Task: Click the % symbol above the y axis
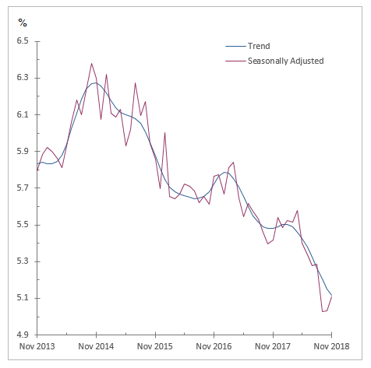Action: pyautogui.click(x=23, y=22)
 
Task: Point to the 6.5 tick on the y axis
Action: pyautogui.click(x=22, y=41)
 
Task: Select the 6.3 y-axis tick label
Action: pyautogui.click(x=22, y=78)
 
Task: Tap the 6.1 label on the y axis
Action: pyautogui.click(x=22, y=114)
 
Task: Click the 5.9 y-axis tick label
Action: pyautogui.click(x=22, y=151)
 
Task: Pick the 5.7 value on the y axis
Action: pyautogui.click(x=22, y=188)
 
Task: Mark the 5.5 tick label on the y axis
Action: pyautogui.click(x=22, y=225)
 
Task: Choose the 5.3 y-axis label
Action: pyautogui.click(x=22, y=261)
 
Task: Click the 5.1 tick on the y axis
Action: pyautogui.click(x=22, y=298)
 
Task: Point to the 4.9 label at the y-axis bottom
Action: pyautogui.click(x=22, y=335)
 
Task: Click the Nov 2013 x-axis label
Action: pyautogui.click(x=37, y=347)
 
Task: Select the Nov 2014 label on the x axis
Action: pyautogui.click(x=96, y=347)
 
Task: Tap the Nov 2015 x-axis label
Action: pyautogui.click(x=155, y=347)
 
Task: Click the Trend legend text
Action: pyautogui.click(x=259, y=47)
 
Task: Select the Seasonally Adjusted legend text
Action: pyautogui.click(x=285, y=61)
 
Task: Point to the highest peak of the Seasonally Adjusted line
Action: pyautogui.click(x=91, y=64)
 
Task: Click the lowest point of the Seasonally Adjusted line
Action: pyautogui.click(x=323, y=312)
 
